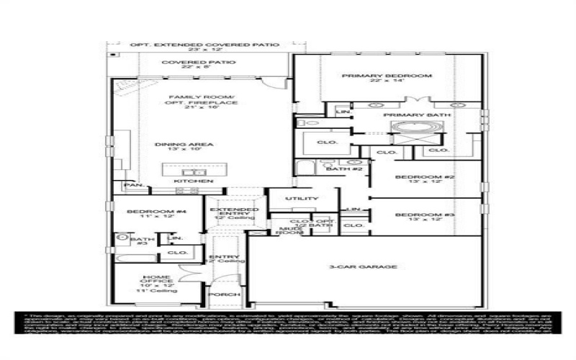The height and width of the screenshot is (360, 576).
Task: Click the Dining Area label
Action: (x=174, y=145)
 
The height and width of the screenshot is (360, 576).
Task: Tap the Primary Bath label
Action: (x=417, y=115)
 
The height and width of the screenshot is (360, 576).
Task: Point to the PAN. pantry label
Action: (x=134, y=185)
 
